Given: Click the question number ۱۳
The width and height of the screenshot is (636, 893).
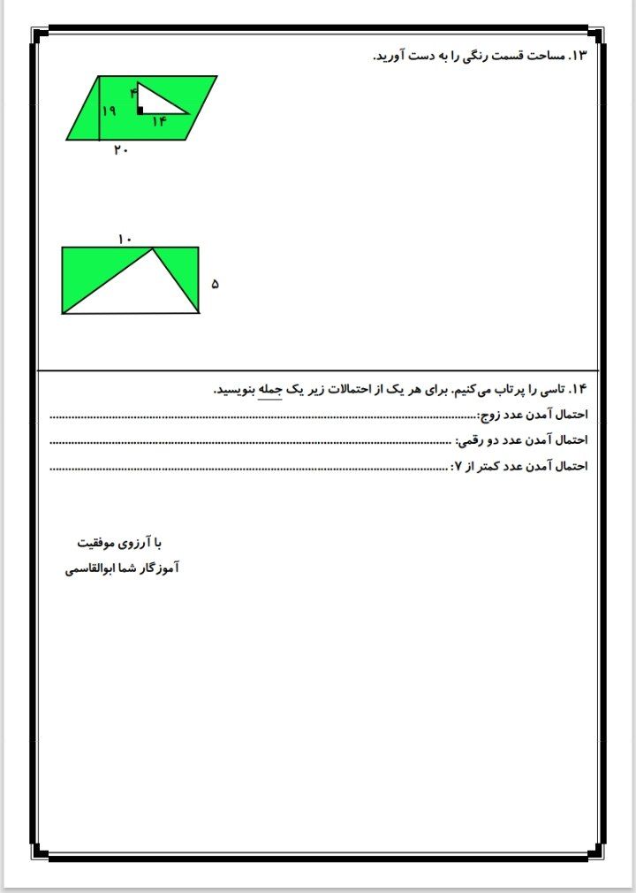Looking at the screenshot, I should pyautogui.click(x=579, y=56).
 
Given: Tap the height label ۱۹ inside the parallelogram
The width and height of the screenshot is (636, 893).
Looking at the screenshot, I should pyautogui.click(x=110, y=111).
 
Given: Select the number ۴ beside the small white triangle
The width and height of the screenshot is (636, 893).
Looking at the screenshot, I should pyautogui.click(x=134, y=92).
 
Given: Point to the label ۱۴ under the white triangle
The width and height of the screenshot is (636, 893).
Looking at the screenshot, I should pyautogui.click(x=159, y=122).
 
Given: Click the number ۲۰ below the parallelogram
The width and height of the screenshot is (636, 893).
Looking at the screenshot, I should pyautogui.click(x=121, y=150).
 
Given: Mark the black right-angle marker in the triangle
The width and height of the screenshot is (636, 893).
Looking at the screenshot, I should pyautogui.click(x=140, y=111).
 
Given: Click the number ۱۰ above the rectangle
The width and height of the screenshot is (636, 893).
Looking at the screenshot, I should pyautogui.click(x=125, y=239).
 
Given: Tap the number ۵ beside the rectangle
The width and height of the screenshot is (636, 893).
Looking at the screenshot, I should pyautogui.click(x=215, y=284).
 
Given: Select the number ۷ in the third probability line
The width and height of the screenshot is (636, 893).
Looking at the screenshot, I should pyautogui.click(x=457, y=466).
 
